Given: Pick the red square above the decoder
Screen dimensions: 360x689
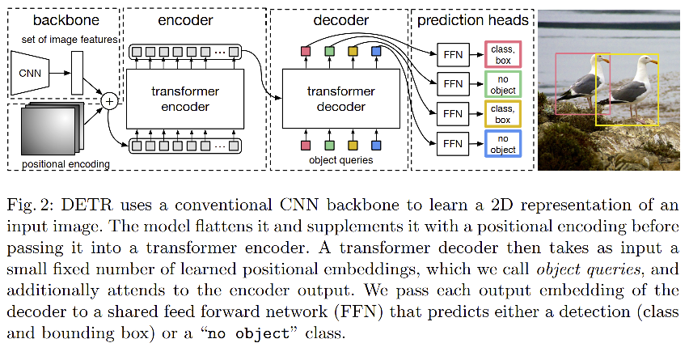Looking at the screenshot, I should pos(306,53).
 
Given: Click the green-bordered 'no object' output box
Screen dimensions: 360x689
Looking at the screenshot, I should pos(502,83).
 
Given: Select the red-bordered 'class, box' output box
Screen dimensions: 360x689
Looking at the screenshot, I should pos(502,53).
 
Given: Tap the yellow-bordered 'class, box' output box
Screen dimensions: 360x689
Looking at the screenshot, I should pos(502,113).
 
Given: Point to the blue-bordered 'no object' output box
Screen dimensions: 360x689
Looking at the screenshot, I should pos(502,145).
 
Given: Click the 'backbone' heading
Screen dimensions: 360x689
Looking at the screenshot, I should pos(61,18).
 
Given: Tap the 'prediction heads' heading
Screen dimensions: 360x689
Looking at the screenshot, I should pos(473,18).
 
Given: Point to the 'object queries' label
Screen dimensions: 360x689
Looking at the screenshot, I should pos(340,160).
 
